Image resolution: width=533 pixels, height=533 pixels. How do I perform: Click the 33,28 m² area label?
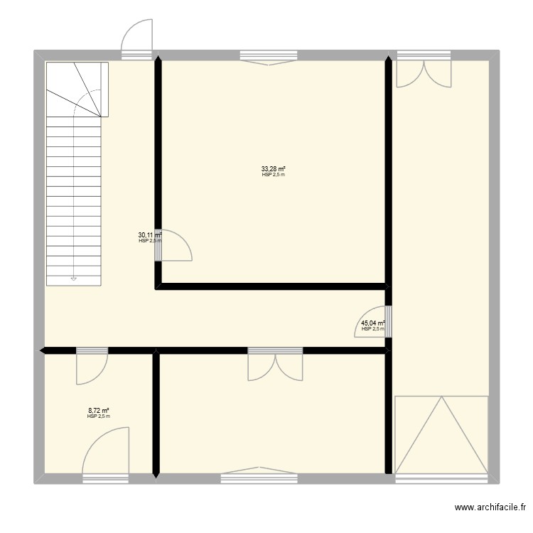pos(273,169)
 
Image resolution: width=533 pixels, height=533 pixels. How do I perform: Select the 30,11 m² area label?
pos(150,235)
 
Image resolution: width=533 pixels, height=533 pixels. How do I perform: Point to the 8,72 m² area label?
pos(99,411)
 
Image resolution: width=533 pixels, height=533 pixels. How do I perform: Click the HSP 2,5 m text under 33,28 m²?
pos(273,175)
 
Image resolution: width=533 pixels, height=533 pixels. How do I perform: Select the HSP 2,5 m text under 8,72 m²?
pos(99,416)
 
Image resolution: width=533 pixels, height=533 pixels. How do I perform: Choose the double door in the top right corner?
pos(424,71)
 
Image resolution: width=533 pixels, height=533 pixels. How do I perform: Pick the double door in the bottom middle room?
pos(275,365)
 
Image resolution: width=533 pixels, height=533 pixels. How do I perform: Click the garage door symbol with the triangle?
pos(441,435)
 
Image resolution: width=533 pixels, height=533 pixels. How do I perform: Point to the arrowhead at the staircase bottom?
pos(73,279)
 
